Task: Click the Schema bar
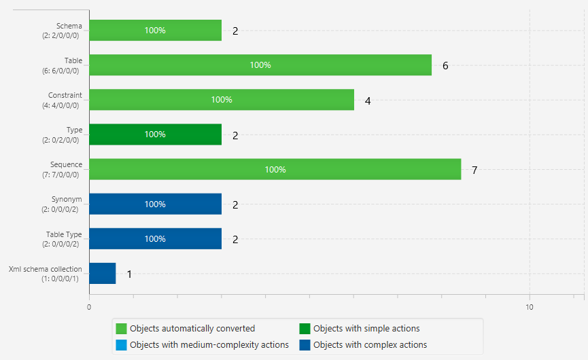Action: coord(155,31)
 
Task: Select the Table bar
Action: coord(260,65)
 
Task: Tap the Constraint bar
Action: coord(222,100)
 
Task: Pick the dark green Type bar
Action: coord(155,134)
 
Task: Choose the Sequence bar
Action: coord(275,169)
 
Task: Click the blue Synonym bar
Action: coord(155,204)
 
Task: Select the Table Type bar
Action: coord(155,238)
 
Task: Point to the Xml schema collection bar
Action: coord(103,273)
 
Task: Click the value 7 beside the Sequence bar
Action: coord(474,170)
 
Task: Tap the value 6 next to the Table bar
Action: coord(445,66)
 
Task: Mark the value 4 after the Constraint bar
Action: coord(368,101)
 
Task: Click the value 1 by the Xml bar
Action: coord(129,274)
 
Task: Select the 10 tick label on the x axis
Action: coord(530,307)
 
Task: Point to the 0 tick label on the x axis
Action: coord(89,307)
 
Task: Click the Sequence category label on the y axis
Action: coord(66,164)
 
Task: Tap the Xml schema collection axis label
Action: coord(46,269)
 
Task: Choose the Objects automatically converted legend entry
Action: coord(192,329)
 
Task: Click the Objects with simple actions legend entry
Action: coord(366,329)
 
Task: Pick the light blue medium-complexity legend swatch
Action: coord(122,345)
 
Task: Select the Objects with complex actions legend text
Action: coord(370,345)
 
